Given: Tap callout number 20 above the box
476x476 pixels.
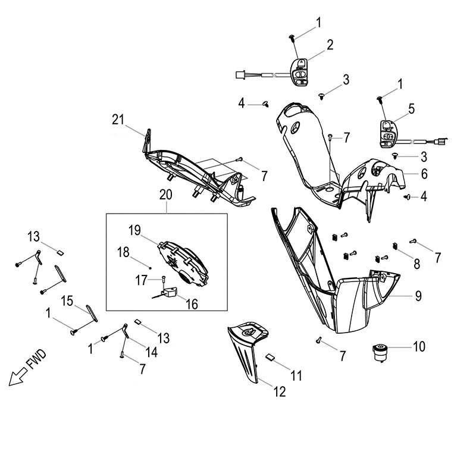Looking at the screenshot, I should pos(166,195).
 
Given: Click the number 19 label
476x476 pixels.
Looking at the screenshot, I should pos(135,230).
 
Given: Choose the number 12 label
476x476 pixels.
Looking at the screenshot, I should pos(279,392).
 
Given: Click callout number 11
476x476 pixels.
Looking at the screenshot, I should pos(296,376).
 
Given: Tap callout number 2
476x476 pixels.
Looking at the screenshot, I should pos(329,44).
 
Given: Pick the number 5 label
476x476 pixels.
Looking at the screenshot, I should pos(411,108).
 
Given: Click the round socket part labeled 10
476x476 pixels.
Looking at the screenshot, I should pos(380,350).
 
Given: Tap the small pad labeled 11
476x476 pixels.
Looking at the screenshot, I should pos(270,358).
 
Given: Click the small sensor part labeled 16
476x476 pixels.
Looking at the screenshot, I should pos(172,292).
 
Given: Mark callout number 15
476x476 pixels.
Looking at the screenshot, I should pos(67,298).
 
